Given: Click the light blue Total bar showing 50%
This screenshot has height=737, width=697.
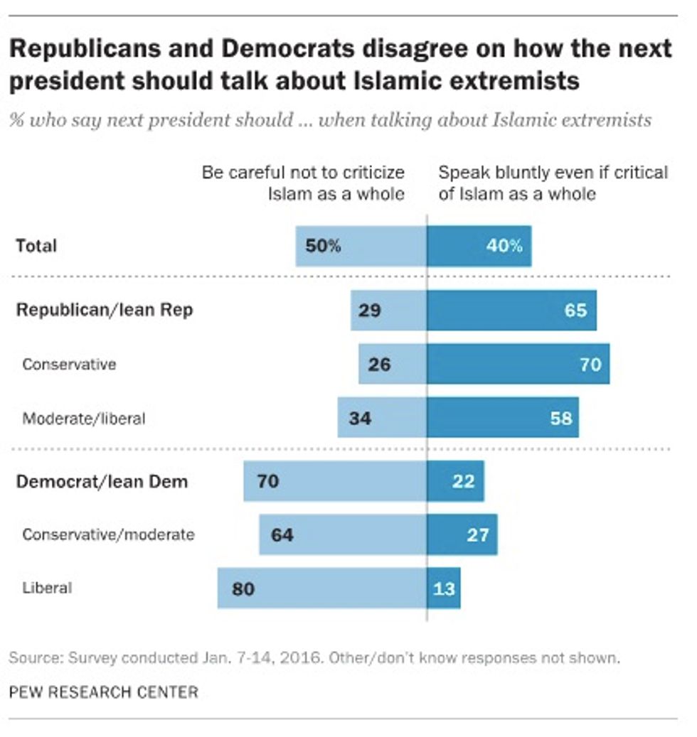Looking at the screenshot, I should (x=361, y=247).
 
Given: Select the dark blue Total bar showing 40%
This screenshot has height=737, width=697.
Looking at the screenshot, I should (x=479, y=247).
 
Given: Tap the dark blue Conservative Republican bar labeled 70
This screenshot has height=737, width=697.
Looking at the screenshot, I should (x=518, y=365).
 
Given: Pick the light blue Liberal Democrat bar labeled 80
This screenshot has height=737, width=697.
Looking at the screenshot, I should (x=322, y=588).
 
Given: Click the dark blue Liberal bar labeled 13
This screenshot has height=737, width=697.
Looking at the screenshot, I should (x=444, y=588).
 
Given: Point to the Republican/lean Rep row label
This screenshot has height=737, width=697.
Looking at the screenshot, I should (x=105, y=310).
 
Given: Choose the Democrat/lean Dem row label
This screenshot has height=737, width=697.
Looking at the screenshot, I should (x=102, y=481).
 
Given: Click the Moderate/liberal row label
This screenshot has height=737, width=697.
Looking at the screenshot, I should (x=84, y=419).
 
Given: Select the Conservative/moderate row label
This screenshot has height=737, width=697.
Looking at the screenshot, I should (x=108, y=534).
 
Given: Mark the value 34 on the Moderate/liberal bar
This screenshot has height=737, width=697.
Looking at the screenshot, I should (x=360, y=418).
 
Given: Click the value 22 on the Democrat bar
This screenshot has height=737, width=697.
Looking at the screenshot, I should (x=463, y=481).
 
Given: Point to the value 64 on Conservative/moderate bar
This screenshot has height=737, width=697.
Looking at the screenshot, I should (x=282, y=534).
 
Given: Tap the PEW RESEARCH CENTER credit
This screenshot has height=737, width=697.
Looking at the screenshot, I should (x=104, y=692).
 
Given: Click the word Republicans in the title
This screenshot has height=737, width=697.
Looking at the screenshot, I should (x=97, y=49).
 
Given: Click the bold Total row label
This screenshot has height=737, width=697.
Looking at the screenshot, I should (x=36, y=246).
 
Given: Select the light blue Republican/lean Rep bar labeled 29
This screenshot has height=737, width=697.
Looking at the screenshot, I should (x=388, y=311).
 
